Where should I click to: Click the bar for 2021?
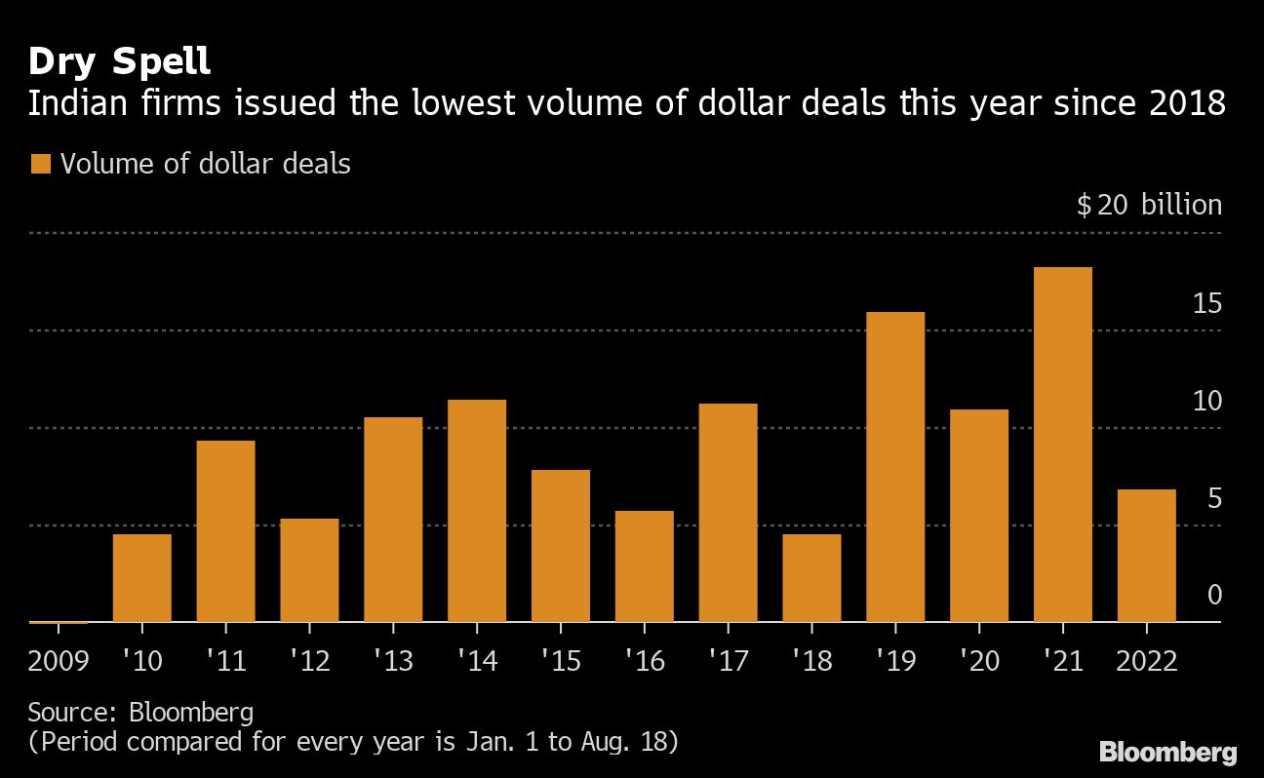coord(1062,445)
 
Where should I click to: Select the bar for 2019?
coord(895,467)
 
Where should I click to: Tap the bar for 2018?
coord(811,578)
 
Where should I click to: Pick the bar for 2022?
coord(1146,556)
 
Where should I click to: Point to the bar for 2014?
coord(477,511)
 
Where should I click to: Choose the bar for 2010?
coord(142,578)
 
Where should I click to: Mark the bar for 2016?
coord(644,566)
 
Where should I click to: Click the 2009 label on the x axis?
coord(59,661)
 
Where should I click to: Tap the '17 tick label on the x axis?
coord(729,661)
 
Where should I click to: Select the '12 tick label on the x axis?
coord(309,661)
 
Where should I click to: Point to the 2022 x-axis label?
coord(1146,661)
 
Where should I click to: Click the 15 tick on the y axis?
coord(1207,304)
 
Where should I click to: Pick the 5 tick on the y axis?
coord(1214,498)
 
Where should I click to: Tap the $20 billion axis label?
coord(1149,205)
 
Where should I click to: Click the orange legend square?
coord(40,164)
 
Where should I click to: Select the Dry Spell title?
coord(119,62)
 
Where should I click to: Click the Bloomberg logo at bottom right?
coord(1167,753)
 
